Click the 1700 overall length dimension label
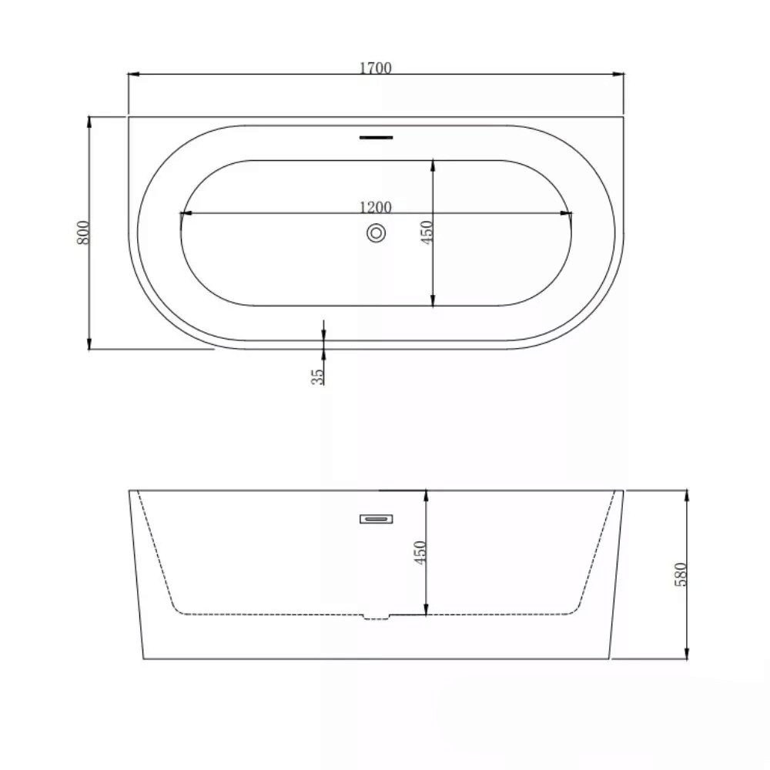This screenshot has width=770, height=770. point(376,68)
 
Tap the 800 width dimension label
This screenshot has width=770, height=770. point(84,233)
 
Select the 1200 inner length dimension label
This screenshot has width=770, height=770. point(376,207)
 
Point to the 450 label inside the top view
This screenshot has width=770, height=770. point(427,233)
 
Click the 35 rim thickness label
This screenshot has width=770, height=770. point(318,377)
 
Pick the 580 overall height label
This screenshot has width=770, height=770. point(681,574)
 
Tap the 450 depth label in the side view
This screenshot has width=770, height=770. point(420,552)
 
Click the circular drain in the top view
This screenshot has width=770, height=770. point(377,233)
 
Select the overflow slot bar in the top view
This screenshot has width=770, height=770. point(377,138)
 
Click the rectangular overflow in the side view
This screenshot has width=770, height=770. point(377,518)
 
